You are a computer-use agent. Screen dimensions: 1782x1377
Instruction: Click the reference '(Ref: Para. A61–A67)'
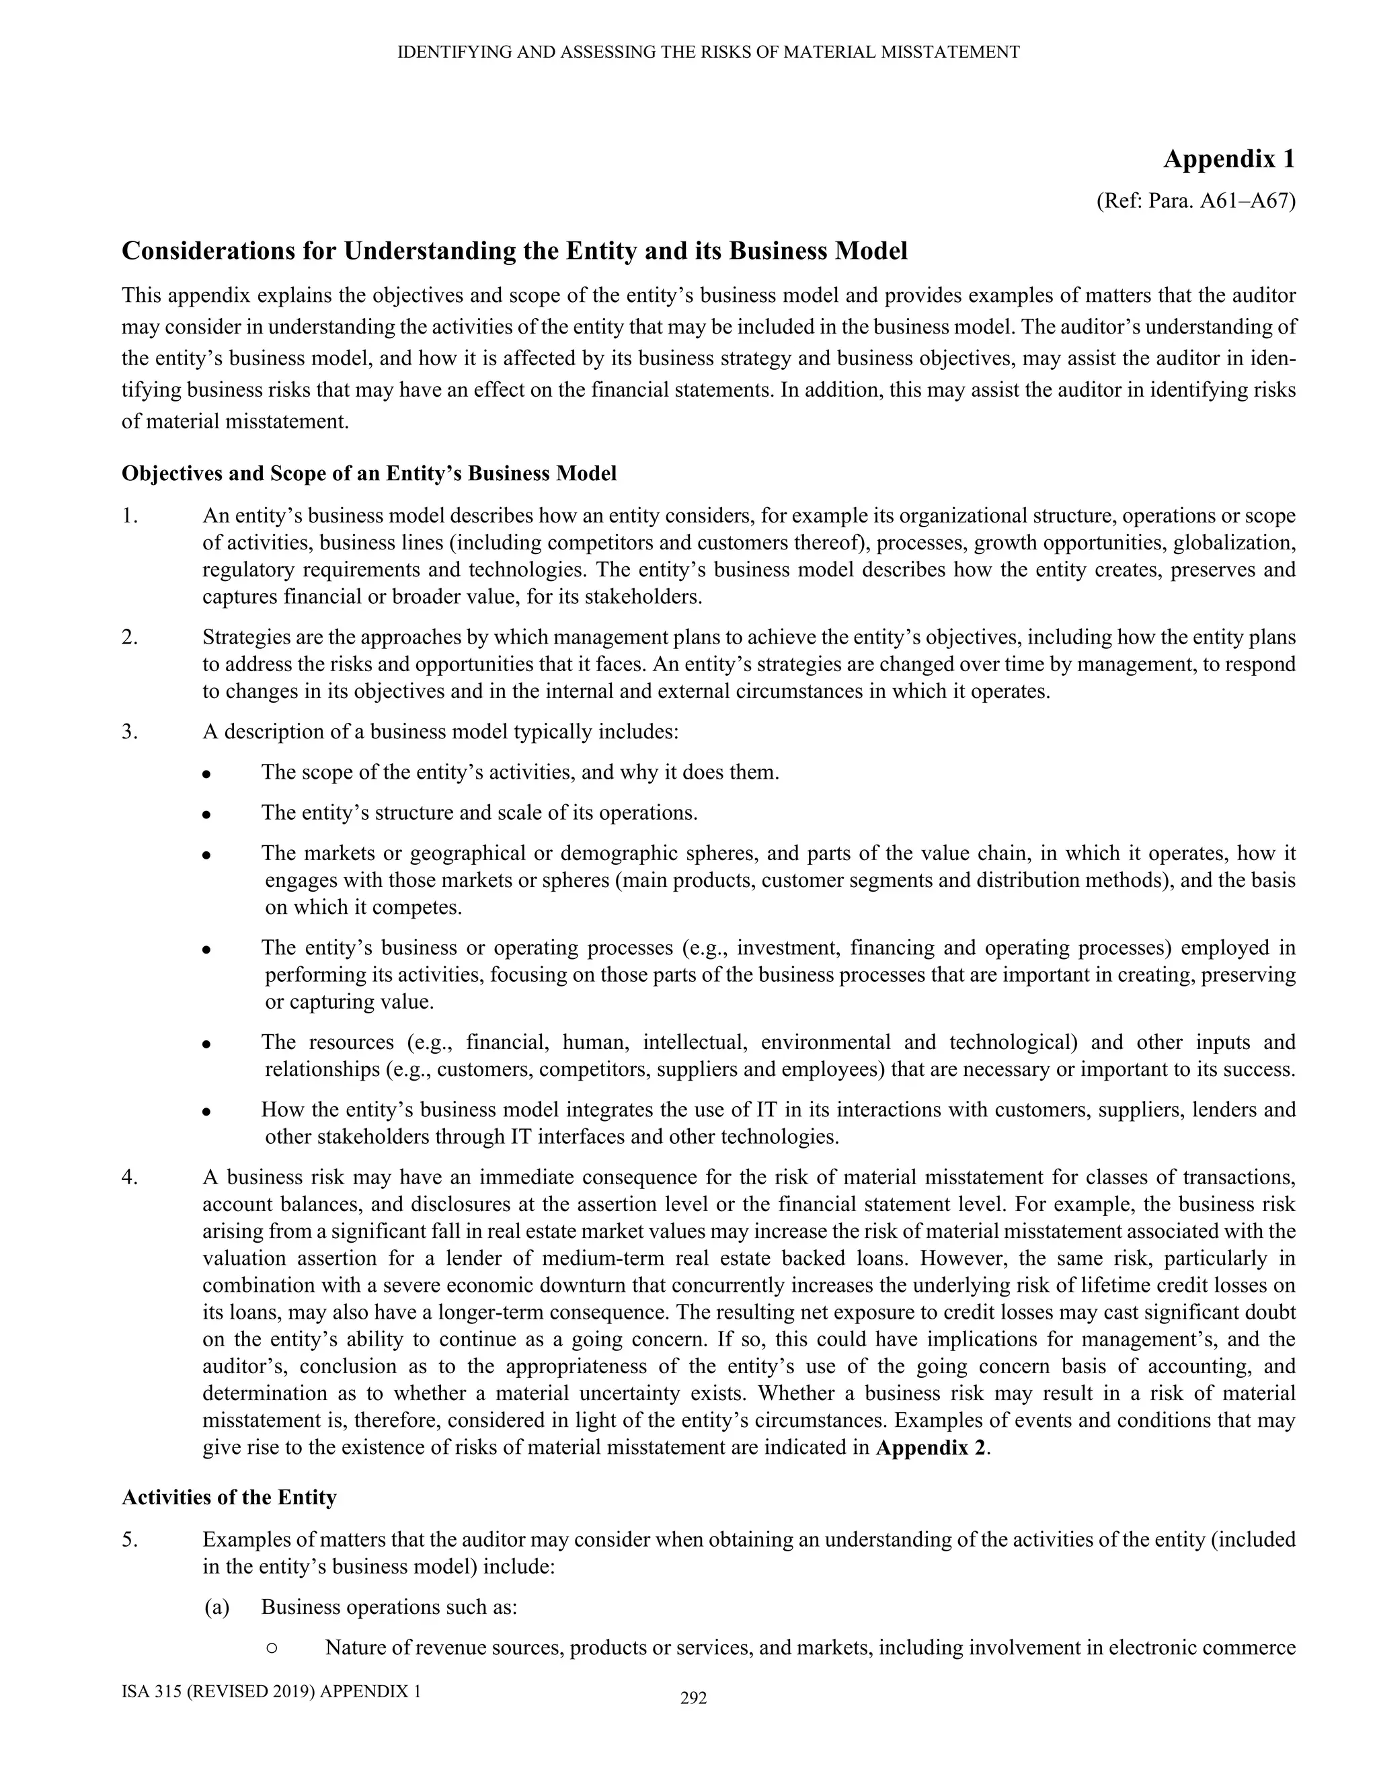click(1195, 200)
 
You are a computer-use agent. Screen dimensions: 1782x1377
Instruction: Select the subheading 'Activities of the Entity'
click(229, 1498)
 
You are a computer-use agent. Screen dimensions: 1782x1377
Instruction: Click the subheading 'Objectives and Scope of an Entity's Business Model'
click(368, 473)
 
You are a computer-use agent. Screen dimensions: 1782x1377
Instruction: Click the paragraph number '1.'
click(130, 516)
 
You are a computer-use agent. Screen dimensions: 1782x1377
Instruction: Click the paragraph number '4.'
click(130, 1177)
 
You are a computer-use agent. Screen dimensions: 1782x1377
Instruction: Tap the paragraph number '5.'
click(130, 1540)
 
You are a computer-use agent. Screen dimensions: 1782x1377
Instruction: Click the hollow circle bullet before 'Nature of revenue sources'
click(272, 1648)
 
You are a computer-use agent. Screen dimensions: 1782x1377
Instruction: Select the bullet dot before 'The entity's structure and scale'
click(207, 814)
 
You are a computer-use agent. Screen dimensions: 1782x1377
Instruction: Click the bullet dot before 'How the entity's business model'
click(207, 1112)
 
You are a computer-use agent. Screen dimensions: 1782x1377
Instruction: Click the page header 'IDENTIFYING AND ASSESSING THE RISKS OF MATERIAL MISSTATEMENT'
click(708, 53)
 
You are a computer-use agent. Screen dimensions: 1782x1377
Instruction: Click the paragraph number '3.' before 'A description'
click(130, 732)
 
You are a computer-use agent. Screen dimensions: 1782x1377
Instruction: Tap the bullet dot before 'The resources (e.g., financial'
click(207, 1044)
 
